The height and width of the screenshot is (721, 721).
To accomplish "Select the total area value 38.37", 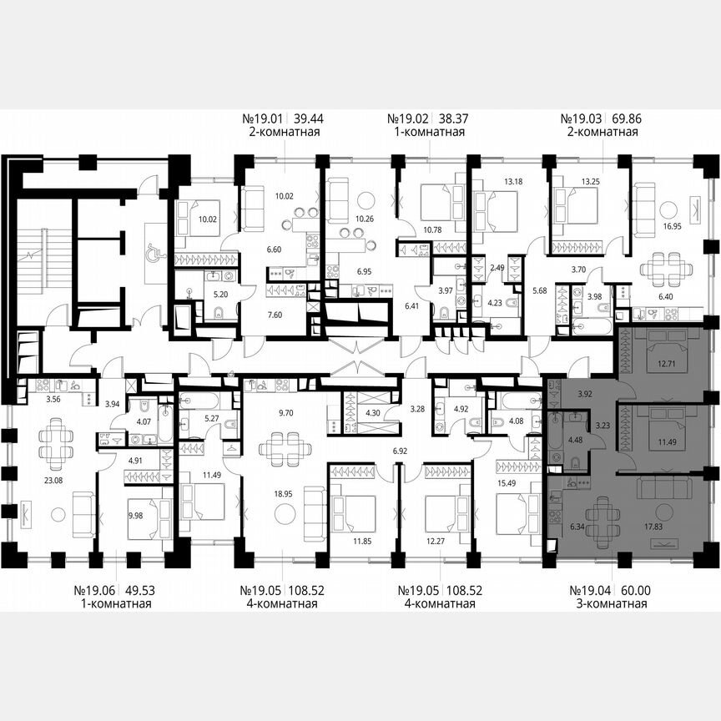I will tap(452, 119).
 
